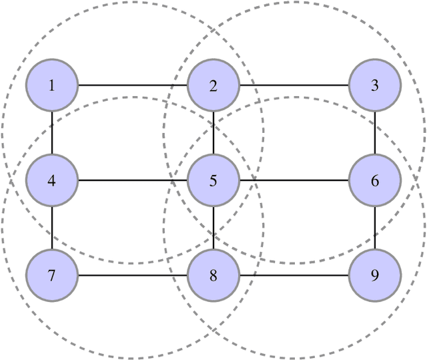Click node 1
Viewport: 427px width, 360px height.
tap(52, 85)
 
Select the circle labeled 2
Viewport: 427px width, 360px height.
tap(213, 85)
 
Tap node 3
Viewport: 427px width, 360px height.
tap(375, 85)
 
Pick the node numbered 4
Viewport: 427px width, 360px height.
tap(52, 180)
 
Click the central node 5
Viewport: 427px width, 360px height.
tap(213, 180)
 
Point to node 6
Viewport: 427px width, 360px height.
tap(375, 180)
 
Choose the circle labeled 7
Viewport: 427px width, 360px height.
tap(52, 275)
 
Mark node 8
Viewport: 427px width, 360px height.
tap(213, 275)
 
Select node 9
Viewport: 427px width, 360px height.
tap(375, 275)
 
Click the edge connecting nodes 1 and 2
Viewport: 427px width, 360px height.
tap(133, 85)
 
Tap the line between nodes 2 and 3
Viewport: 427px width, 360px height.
tap(294, 85)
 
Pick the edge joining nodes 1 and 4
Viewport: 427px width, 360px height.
tap(52, 133)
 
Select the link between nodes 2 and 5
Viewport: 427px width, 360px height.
tap(213, 133)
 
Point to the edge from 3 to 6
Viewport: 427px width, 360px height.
tap(375, 133)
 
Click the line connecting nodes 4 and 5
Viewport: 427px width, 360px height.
tap(133, 180)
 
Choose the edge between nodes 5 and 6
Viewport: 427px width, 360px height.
tap(294, 180)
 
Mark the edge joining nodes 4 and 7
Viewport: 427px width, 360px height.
tap(52, 228)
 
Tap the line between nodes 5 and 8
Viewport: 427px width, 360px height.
tap(213, 228)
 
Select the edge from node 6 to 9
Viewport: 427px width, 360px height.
tap(375, 228)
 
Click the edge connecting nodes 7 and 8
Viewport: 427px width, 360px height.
tap(133, 275)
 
